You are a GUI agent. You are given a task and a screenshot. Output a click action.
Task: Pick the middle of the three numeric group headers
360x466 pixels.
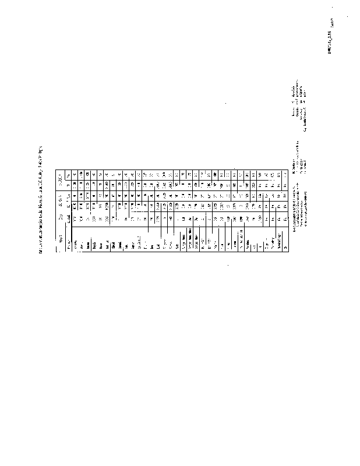[62, 201]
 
